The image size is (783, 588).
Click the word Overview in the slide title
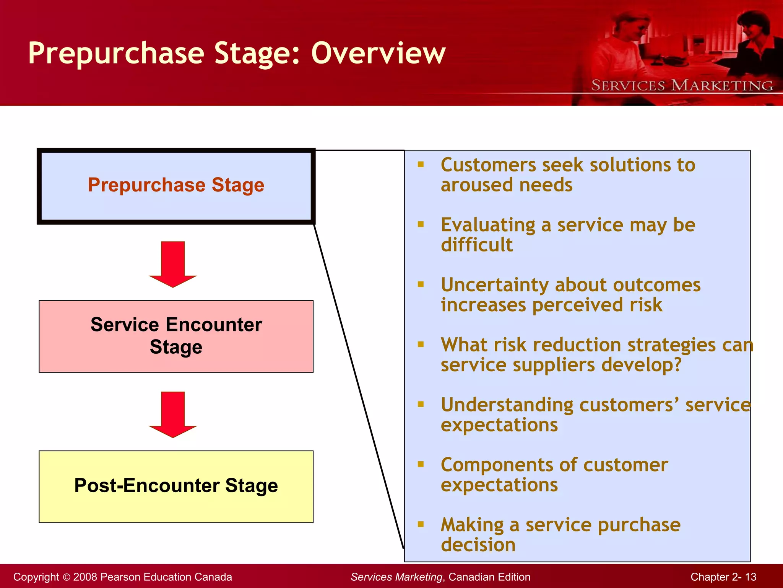(379, 53)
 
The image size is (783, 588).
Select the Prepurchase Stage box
(176, 186)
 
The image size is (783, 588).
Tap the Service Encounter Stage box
(176, 336)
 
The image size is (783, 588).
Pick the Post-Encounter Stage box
(176, 486)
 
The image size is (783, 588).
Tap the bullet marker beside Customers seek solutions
(421, 165)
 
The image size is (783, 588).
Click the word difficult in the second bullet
(476, 245)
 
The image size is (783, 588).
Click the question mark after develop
(677, 364)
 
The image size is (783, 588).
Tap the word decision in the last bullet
(478, 545)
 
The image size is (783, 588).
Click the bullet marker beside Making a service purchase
(421, 524)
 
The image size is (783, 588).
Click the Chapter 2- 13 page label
(723, 577)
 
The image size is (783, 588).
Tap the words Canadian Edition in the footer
(489, 577)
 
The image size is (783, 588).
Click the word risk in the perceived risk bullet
(646, 305)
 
